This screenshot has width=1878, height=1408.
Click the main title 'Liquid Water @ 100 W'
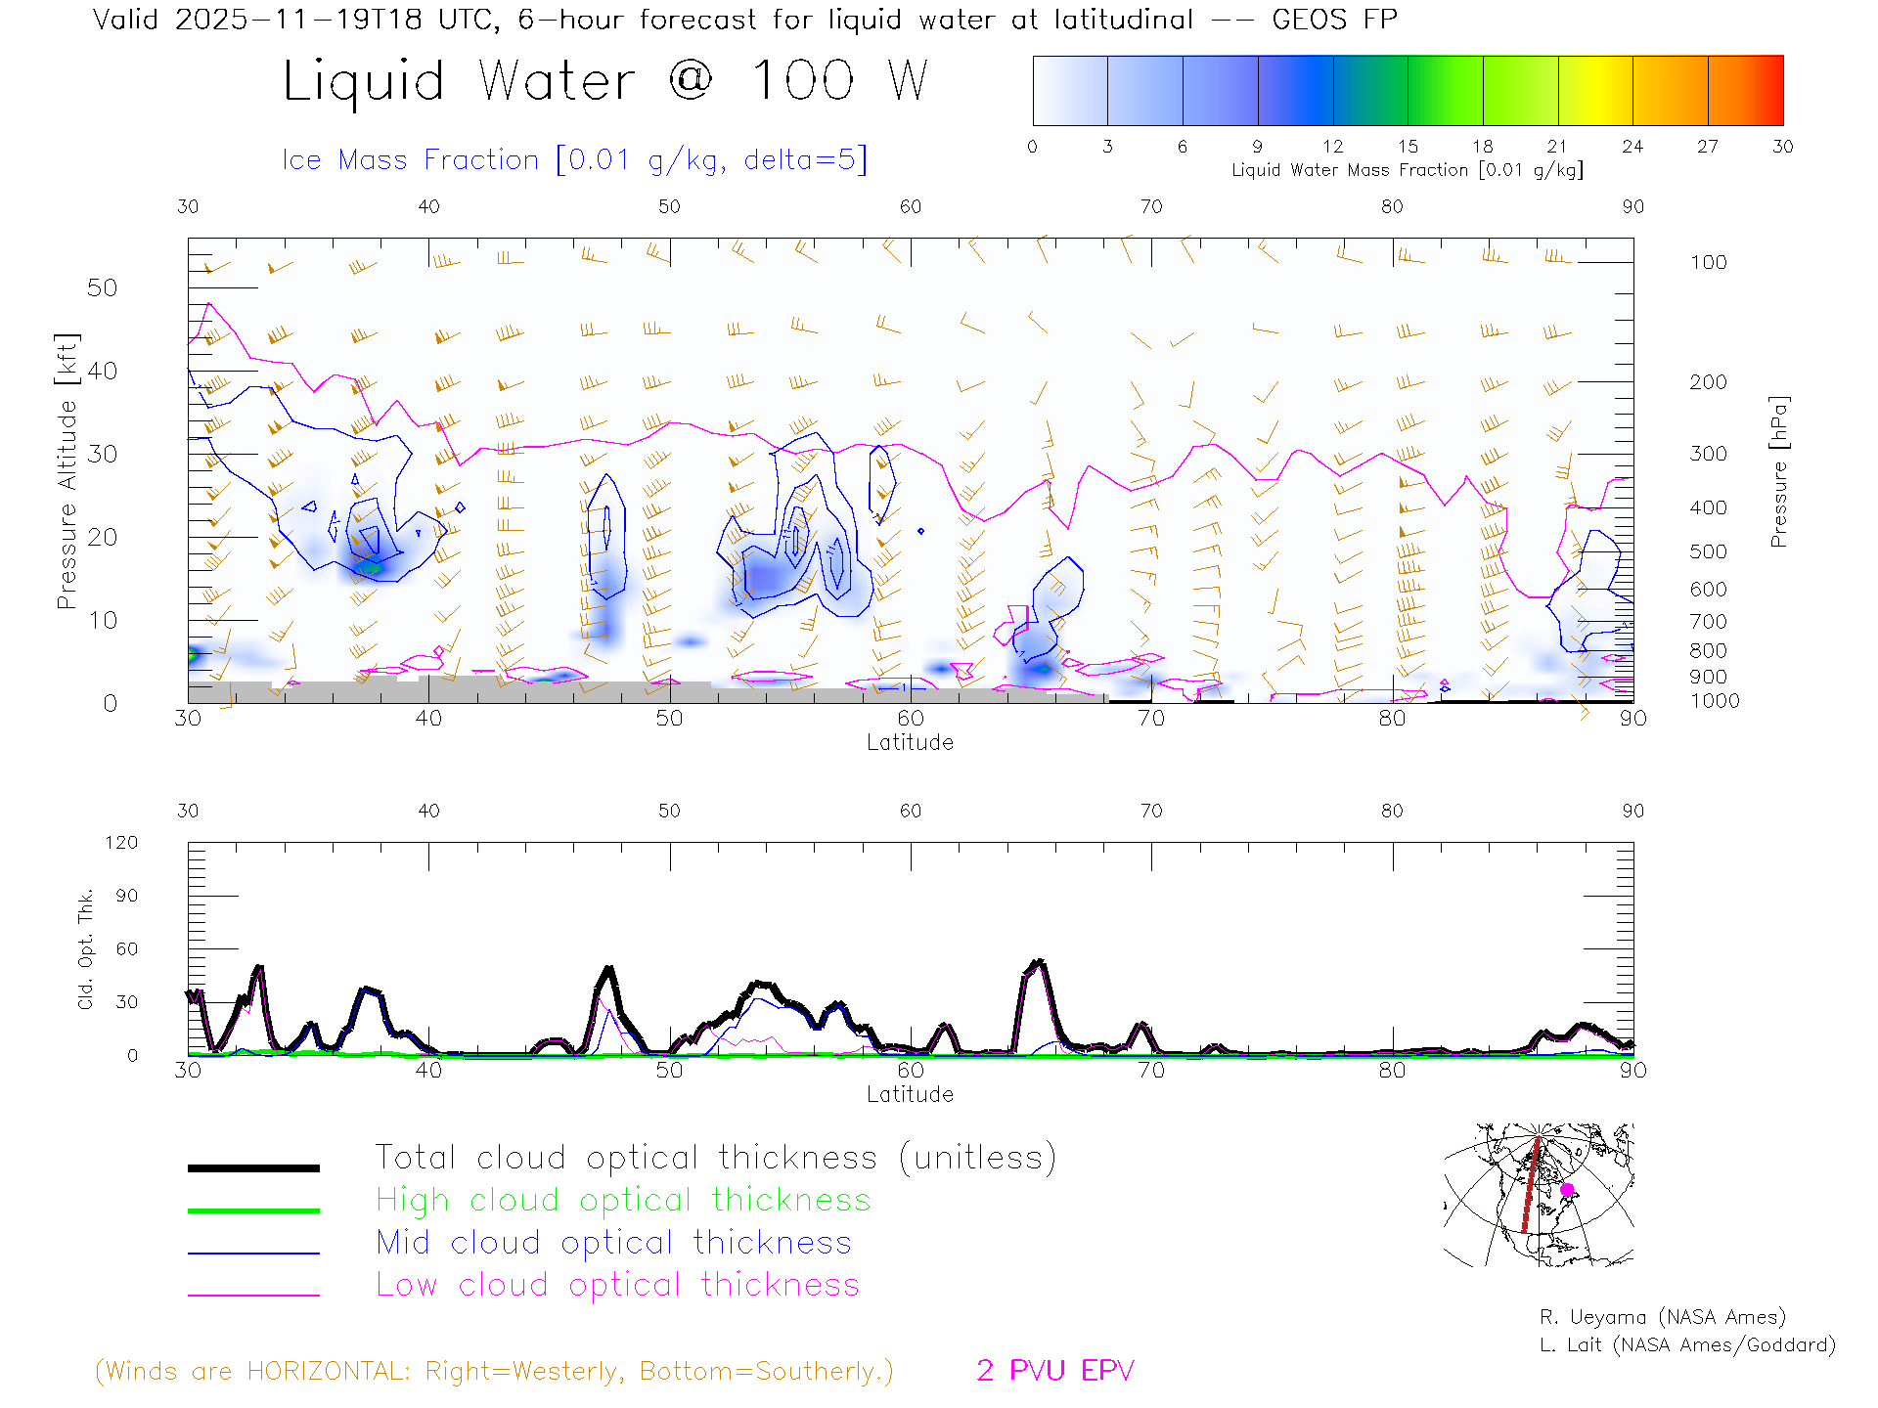point(604,81)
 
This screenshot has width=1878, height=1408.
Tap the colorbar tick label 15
point(1408,147)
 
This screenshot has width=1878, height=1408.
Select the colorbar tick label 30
point(1782,147)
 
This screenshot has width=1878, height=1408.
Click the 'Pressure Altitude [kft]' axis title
point(67,471)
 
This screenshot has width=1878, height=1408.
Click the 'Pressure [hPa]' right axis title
point(1779,471)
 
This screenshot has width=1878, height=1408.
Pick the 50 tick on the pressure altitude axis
point(102,288)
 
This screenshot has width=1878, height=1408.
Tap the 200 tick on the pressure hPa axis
point(1708,382)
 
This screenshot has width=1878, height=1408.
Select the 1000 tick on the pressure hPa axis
point(1715,701)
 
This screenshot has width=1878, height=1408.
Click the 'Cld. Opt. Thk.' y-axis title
point(86,948)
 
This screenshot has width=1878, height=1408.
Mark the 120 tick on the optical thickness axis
point(122,843)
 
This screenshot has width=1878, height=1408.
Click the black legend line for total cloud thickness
point(253,1167)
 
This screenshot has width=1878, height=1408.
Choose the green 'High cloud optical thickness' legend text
point(623,1200)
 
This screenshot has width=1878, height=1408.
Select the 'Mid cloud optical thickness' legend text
point(613,1243)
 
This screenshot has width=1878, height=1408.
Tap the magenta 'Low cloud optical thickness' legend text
point(617,1285)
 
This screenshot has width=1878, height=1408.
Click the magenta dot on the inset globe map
point(1567,1190)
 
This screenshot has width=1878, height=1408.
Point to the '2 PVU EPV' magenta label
point(1054,1371)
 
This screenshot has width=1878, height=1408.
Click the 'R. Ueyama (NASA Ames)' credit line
point(1662,1317)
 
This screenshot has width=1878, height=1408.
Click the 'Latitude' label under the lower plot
point(910,1094)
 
